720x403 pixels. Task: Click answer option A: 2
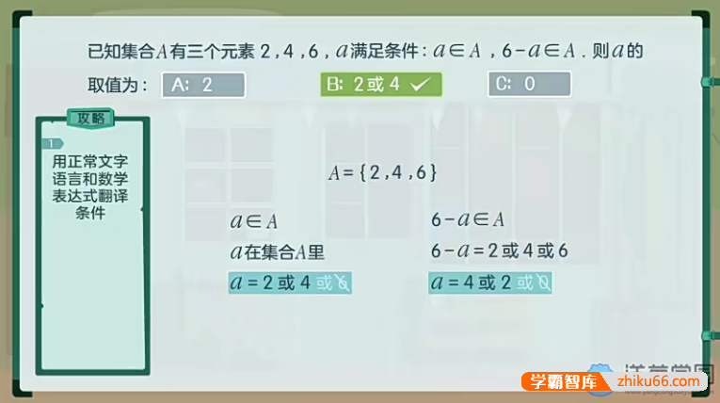[x=203, y=85]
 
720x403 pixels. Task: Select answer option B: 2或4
[x=380, y=85]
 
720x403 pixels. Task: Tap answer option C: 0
[x=529, y=85]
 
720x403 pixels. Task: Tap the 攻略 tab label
[x=91, y=119]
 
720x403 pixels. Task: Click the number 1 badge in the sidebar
[x=47, y=144]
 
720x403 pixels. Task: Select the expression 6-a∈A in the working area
[x=468, y=220]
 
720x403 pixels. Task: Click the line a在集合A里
[x=277, y=251]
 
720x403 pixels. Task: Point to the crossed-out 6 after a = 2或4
[x=343, y=282]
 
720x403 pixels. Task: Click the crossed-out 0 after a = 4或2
[x=543, y=282]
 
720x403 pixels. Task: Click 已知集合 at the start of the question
[x=118, y=50]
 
